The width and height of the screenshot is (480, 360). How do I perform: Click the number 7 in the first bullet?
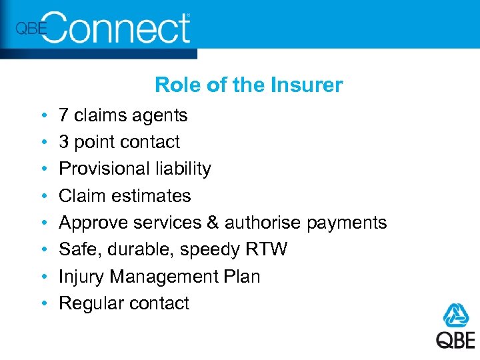(x=64, y=115)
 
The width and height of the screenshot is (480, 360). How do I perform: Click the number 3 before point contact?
(x=64, y=142)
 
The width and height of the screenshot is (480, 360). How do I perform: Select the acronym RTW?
(x=267, y=249)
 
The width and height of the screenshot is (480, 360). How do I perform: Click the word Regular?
(x=91, y=303)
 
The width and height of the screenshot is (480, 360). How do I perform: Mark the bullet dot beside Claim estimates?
(x=43, y=197)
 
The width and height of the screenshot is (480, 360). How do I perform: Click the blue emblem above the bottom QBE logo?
(x=457, y=315)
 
